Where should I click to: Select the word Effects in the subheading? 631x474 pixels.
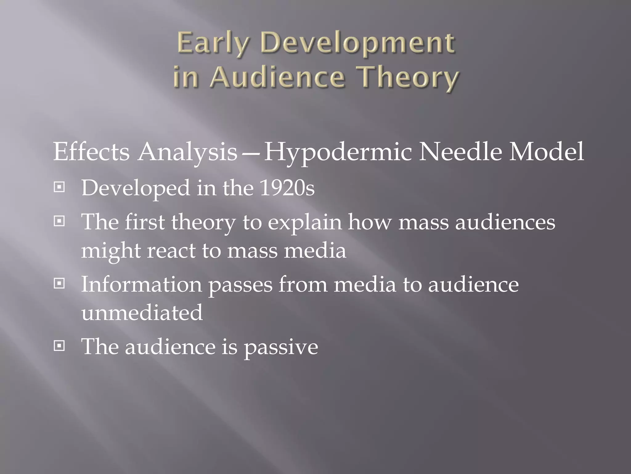pyautogui.click(x=91, y=152)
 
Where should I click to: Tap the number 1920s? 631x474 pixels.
pyautogui.click(x=287, y=188)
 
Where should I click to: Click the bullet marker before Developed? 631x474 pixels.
pyautogui.click(x=59, y=187)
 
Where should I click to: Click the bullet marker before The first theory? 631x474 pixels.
pyautogui.click(x=59, y=221)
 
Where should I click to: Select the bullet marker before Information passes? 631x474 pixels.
pyautogui.click(x=59, y=284)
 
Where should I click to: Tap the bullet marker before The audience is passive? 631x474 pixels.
pyautogui.click(x=59, y=346)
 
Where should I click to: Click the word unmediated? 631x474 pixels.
pyautogui.click(x=142, y=312)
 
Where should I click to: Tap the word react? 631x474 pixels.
pyautogui.click(x=171, y=250)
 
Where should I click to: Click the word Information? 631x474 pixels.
pyautogui.click(x=141, y=284)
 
